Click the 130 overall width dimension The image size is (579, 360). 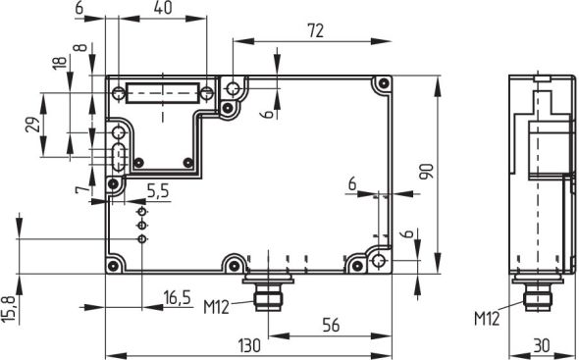click(x=249, y=344)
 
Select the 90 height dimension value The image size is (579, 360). click(x=426, y=173)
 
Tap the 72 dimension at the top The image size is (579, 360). click(x=315, y=30)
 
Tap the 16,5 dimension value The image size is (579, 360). click(x=176, y=296)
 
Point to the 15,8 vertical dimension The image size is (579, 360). click(x=10, y=306)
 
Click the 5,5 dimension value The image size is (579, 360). click(x=157, y=189)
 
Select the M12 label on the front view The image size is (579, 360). click(x=216, y=306)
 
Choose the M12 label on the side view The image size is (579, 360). click(x=487, y=318)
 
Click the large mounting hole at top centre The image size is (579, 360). click(x=234, y=90)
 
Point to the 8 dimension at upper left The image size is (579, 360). click(x=78, y=48)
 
